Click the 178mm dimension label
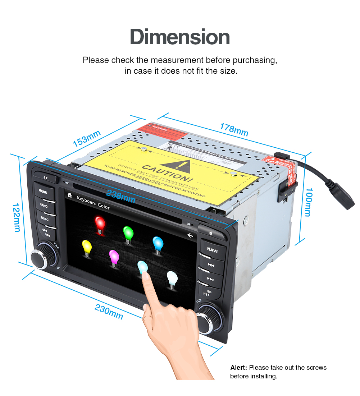(234, 130)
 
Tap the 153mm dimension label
(87, 138)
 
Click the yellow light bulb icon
(87, 248)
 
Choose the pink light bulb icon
(114, 258)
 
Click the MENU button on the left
(43, 192)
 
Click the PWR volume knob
(44, 256)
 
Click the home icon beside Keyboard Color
(69, 196)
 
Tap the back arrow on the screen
(190, 236)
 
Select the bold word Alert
(238, 368)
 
